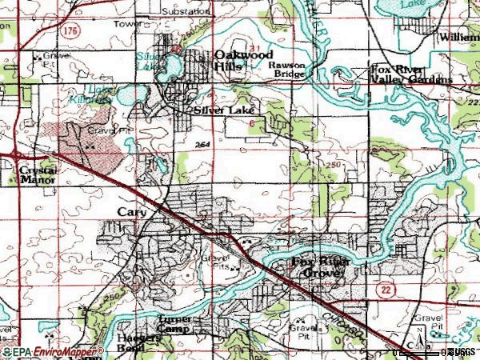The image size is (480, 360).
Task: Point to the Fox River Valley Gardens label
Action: click(x=410, y=74)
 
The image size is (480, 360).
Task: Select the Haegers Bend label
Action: click(x=138, y=342)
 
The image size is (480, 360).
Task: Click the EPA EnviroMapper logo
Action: click(x=51, y=352)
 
